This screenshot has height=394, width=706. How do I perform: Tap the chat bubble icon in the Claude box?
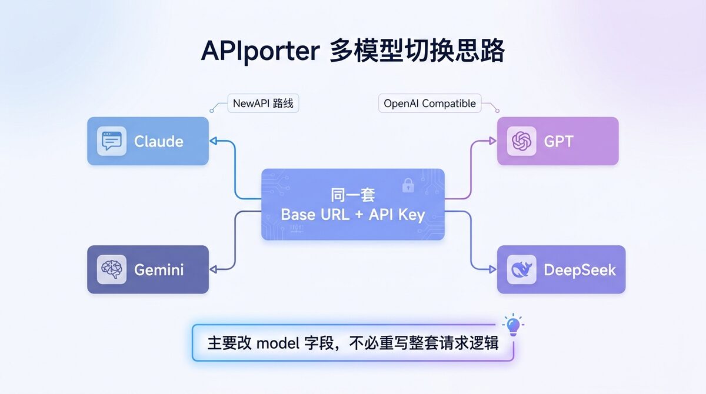click(112, 141)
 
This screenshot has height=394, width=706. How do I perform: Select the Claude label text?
click(158, 141)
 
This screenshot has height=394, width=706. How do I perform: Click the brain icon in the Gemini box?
click(112, 269)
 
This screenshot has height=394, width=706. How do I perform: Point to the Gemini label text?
click(159, 269)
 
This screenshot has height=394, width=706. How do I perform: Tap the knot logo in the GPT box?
click(521, 141)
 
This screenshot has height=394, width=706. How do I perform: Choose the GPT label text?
click(558, 141)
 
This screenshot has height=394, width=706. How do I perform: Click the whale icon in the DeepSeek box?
click(521, 269)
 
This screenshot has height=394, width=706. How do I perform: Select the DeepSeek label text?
click(580, 270)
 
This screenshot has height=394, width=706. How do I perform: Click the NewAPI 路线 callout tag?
click(263, 103)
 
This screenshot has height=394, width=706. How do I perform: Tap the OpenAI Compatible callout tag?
click(429, 103)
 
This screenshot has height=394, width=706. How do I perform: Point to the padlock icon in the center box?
click(408, 185)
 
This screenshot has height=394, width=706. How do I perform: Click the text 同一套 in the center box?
click(352, 195)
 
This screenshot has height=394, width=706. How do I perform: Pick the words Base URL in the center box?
click(315, 215)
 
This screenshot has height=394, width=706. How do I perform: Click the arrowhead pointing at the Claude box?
click(214, 141)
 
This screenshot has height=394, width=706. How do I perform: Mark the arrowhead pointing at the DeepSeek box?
click(492, 269)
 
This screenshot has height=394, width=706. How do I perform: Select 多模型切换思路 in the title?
click(417, 51)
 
